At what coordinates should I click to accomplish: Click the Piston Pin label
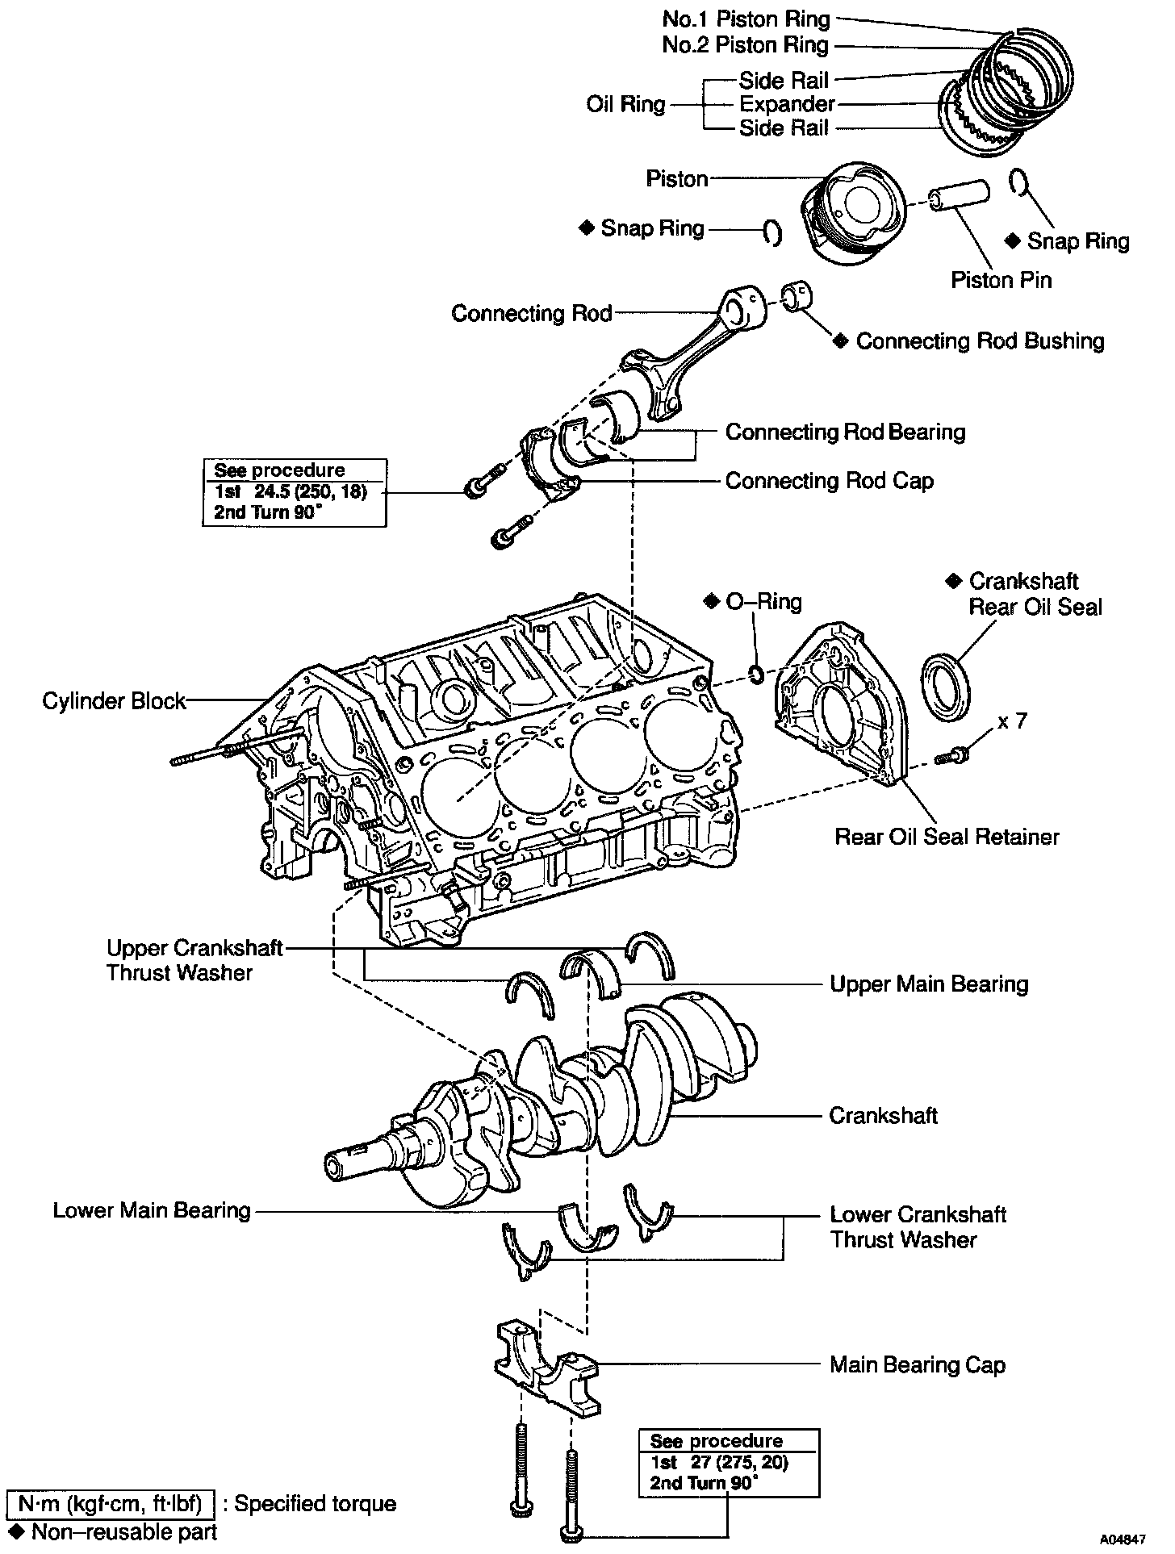tap(1001, 280)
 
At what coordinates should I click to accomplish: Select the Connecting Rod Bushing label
tap(980, 341)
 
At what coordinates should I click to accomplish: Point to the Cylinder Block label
tap(114, 701)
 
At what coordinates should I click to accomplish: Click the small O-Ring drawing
tap(757, 674)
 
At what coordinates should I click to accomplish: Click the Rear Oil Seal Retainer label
tap(947, 837)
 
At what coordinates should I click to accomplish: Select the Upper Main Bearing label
tap(929, 984)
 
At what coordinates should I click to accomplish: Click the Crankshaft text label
tap(883, 1116)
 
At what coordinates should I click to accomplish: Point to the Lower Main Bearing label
tap(152, 1210)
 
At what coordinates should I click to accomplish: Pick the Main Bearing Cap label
tap(918, 1365)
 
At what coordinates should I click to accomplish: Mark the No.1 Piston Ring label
tap(746, 19)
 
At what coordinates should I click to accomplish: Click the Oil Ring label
tap(625, 104)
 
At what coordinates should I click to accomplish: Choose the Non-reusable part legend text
tap(123, 1531)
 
